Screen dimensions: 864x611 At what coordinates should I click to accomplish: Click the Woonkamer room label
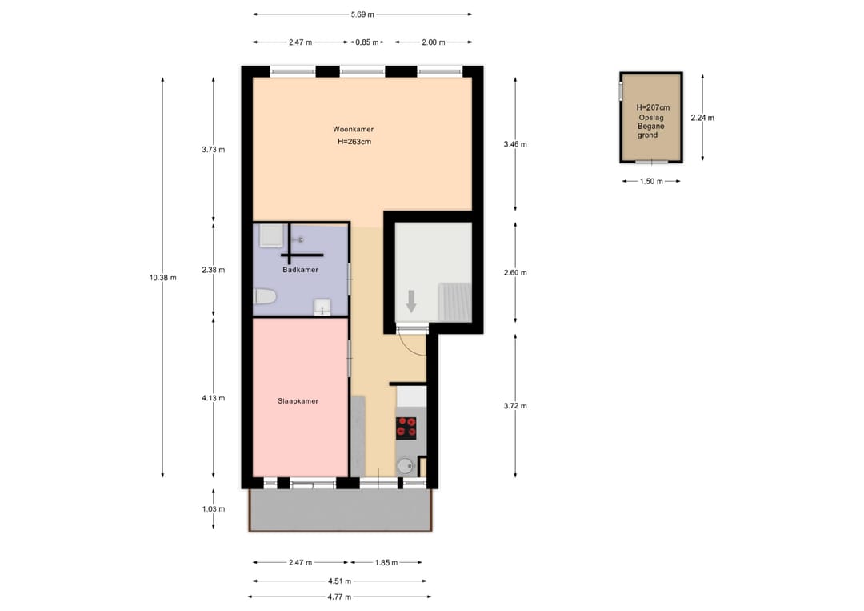click(354, 129)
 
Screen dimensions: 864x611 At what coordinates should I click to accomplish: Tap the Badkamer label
click(300, 270)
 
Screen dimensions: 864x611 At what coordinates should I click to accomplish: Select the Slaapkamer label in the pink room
click(298, 401)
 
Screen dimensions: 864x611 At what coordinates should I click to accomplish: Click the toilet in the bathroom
click(265, 296)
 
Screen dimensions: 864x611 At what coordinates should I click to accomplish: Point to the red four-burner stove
click(406, 428)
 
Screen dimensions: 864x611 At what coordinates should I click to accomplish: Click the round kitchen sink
click(405, 467)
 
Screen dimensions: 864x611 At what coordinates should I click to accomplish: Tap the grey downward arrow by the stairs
click(411, 301)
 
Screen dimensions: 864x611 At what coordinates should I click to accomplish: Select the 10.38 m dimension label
click(162, 277)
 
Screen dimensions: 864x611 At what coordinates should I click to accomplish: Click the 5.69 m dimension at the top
click(362, 14)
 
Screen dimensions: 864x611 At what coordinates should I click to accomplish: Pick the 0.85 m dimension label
click(367, 42)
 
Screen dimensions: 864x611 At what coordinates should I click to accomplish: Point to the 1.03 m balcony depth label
click(214, 509)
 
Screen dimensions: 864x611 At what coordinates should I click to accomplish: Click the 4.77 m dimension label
click(339, 597)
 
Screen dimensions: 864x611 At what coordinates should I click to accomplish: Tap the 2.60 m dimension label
click(515, 272)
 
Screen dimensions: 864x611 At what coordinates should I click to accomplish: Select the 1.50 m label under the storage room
click(651, 181)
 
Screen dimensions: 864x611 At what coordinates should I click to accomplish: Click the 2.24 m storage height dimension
click(702, 118)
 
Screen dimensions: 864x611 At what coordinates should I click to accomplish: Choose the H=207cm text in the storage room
click(653, 107)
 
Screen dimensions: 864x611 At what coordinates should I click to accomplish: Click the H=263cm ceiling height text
click(354, 142)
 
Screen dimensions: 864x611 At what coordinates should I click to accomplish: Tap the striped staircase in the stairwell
click(455, 302)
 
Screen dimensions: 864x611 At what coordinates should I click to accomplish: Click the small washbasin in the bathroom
click(322, 308)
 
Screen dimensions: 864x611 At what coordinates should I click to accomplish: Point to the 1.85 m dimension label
click(386, 562)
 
